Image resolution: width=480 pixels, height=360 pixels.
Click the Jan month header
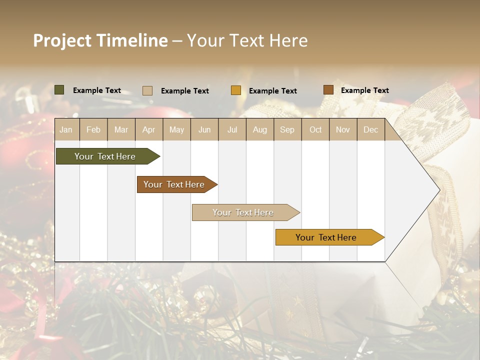(66, 130)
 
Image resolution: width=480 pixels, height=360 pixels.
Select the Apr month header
(149, 130)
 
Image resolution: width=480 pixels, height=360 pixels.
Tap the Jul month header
(232, 130)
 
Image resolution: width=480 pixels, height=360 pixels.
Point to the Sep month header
(287, 130)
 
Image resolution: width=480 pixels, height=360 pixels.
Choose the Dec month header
(370, 130)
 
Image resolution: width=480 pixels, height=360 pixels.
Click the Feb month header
(93, 130)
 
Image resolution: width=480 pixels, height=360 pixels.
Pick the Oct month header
(315, 130)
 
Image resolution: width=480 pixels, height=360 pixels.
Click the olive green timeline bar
(105, 156)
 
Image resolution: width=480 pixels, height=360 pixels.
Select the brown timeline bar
(174, 184)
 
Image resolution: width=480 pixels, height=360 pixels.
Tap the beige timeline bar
(243, 212)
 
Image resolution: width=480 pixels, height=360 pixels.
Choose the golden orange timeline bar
(326, 237)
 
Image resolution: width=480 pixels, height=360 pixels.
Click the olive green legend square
(59, 90)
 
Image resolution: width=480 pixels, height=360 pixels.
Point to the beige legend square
(147, 90)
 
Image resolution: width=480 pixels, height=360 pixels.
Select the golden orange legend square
(236, 90)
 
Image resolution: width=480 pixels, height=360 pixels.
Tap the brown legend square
(328, 90)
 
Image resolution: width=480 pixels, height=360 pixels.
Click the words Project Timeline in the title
(100, 40)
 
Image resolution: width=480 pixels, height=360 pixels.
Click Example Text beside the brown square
(364, 90)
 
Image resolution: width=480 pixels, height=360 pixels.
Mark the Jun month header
(204, 130)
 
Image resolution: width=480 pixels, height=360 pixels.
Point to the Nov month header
(343, 130)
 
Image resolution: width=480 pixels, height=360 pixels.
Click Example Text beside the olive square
(97, 90)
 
